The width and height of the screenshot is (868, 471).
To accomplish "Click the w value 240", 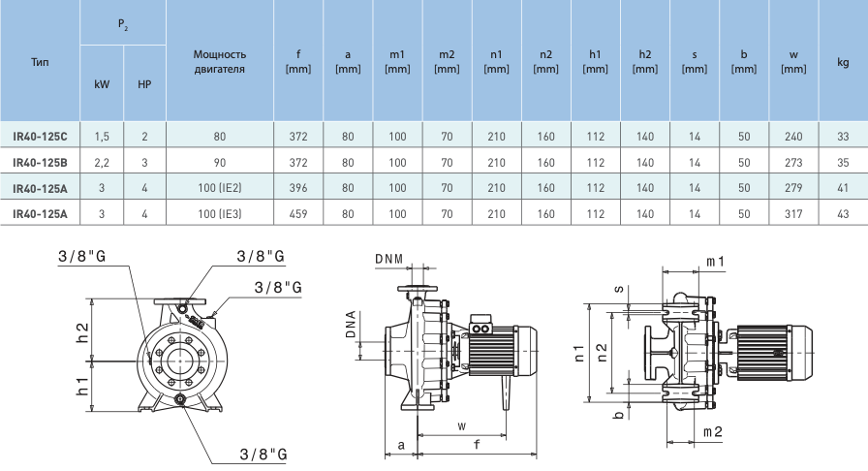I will (x=792, y=138).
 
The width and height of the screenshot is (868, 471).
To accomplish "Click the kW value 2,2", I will (x=102, y=163).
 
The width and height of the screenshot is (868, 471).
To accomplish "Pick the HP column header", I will (x=144, y=84).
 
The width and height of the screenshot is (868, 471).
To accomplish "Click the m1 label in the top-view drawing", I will (x=716, y=262).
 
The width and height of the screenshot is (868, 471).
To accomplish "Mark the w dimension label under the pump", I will (x=462, y=426).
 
